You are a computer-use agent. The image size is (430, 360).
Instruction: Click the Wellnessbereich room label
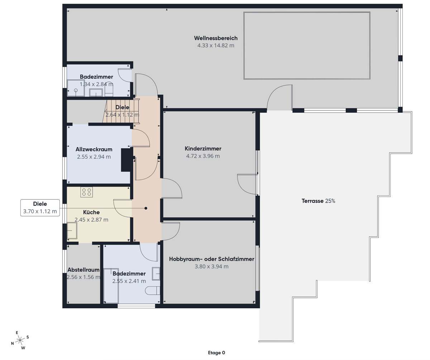point(216,38)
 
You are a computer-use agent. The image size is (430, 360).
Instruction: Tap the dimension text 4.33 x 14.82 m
point(216,46)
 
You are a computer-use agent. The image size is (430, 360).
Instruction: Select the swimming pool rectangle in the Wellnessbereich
point(307,46)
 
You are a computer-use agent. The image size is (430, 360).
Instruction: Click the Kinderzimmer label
point(203,148)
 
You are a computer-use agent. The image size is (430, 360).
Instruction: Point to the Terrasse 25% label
point(318,201)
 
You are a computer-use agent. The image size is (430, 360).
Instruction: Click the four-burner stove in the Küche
point(86,192)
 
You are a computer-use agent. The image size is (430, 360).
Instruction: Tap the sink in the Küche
point(72,230)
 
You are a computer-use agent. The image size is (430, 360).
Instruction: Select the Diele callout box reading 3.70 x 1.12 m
point(40,208)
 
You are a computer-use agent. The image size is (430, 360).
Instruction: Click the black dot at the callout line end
point(146,208)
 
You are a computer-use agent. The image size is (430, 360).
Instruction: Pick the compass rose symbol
point(20,340)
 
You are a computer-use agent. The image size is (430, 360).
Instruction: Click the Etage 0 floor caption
point(216,352)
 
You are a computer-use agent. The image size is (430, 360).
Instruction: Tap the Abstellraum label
point(83,270)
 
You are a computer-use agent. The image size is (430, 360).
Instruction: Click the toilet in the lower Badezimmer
point(152,290)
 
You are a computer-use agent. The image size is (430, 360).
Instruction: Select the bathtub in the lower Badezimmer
point(111,285)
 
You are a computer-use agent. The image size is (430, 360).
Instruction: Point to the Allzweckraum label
point(94,149)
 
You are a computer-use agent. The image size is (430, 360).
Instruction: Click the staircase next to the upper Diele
point(121,111)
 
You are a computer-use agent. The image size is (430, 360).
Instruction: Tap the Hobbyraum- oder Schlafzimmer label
point(211,259)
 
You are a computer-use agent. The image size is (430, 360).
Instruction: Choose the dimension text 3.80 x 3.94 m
point(211,266)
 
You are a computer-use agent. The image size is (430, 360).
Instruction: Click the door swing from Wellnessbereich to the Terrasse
point(280,98)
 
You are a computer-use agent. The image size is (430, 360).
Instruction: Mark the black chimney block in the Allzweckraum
point(126,160)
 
